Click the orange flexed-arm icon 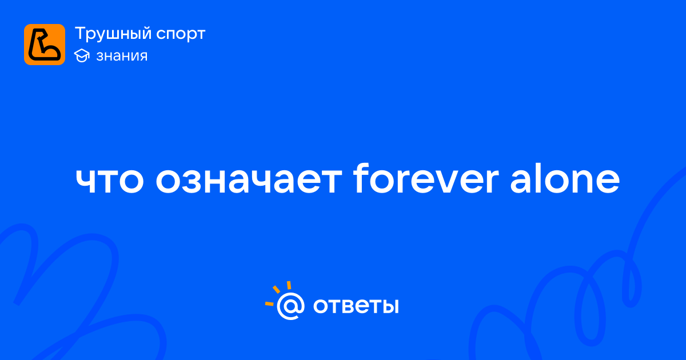pyautogui.click(x=45, y=45)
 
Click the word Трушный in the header pyautogui.click(x=113, y=34)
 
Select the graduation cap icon pyautogui.click(x=82, y=55)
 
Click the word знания pyautogui.click(x=122, y=56)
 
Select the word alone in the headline pyautogui.click(x=565, y=178)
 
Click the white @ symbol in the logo pyautogui.click(x=290, y=306)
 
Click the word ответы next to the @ pyautogui.click(x=356, y=306)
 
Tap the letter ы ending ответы pyautogui.click(x=389, y=306)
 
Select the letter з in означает pyautogui.click(x=184, y=181)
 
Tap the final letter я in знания pyautogui.click(x=142, y=57)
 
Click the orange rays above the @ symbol pyautogui.click(x=278, y=293)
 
